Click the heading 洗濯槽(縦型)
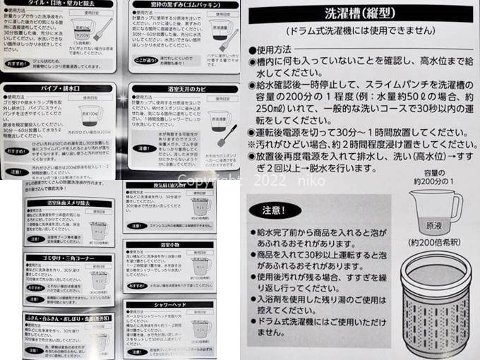360,14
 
